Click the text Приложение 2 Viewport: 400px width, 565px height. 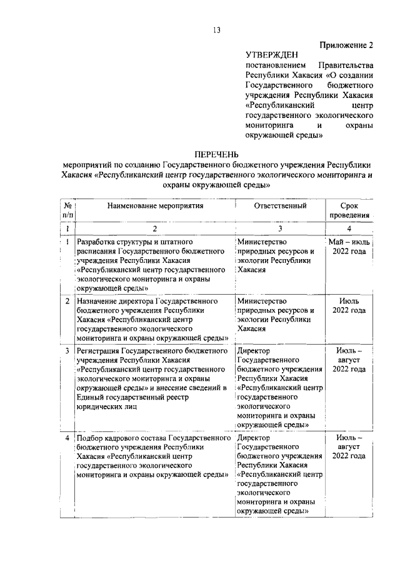click(346, 44)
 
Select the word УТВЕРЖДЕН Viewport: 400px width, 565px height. click(272, 55)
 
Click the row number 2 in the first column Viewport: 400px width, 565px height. click(67, 301)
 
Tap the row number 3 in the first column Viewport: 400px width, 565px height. click(67, 350)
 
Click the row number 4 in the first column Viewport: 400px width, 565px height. click(67, 439)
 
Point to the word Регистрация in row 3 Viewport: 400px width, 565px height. click(97, 350)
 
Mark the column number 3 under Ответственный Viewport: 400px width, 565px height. click(280, 228)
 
